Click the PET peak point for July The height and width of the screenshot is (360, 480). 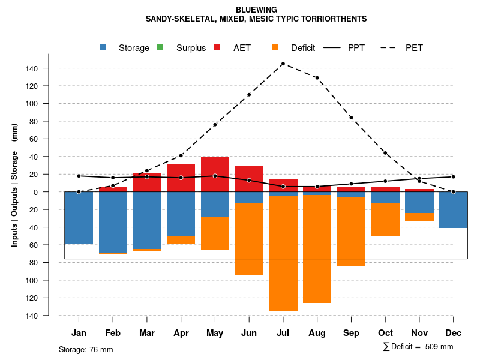[283, 64]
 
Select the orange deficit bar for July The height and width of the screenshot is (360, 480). [283, 252]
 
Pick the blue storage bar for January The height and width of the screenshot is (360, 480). [79, 218]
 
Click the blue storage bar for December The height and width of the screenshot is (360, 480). [453, 209]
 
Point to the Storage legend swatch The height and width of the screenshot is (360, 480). [103, 47]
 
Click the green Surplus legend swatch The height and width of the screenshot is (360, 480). [160, 47]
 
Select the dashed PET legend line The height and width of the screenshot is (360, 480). [390, 47]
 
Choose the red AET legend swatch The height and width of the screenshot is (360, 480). [217, 47]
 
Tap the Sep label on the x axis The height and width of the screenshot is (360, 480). [351, 333]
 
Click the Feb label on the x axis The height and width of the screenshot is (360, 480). [113, 333]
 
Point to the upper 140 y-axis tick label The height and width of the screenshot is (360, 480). [32, 68]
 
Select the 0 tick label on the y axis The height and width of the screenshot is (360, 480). [35, 192]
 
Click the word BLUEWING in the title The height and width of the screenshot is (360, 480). [256, 10]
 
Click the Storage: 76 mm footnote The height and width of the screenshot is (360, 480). [86, 349]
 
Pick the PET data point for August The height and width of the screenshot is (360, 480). [317, 78]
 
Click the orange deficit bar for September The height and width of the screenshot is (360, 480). [351, 231]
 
